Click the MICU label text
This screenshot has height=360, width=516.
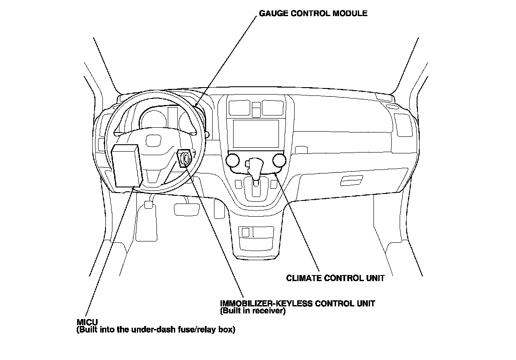pos(85,323)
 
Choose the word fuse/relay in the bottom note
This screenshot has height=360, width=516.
pos(194,330)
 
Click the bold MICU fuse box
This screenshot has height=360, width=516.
pos(126,166)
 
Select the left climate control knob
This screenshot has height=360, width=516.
pos(233,161)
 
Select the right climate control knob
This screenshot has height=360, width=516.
pos(279,161)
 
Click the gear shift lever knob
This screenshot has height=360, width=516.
pos(255,165)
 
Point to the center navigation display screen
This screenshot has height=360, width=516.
pos(256,133)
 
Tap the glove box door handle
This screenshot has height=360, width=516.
pos(351,180)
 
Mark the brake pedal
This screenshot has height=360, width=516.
pos(187,209)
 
